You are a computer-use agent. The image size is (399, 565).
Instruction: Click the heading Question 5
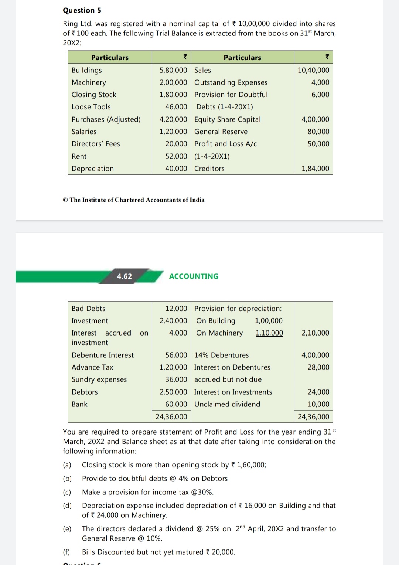[x=82, y=10]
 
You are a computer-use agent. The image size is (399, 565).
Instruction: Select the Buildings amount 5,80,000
[x=173, y=70]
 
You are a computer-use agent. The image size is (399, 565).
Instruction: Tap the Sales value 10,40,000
[x=313, y=70]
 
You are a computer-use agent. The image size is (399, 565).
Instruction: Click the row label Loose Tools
[x=91, y=107]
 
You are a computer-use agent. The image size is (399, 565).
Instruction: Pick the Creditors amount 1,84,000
[x=315, y=169]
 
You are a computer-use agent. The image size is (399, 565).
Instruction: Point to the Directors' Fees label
[x=96, y=144]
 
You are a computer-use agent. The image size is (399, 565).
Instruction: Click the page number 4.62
[x=124, y=276]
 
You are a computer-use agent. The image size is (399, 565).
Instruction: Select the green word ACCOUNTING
[x=194, y=276]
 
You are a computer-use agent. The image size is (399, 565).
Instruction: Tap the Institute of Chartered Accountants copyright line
[x=133, y=200]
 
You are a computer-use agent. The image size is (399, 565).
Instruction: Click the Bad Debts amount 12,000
[x=176, y=309]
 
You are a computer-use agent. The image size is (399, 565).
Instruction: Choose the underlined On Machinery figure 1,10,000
[x=269, y=333]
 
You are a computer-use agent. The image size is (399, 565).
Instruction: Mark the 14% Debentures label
[x=221, y=355]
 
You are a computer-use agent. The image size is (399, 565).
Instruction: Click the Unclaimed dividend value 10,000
[x=318, y=404]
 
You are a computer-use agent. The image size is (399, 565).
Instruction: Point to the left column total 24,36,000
[x=171, y=417]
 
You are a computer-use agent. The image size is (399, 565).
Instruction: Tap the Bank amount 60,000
[x=176, y=404]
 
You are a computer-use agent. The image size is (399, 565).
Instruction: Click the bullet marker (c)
[x=67, y=492]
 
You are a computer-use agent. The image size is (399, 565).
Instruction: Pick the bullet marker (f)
[x=66, y=552]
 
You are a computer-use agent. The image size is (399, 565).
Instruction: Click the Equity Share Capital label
[x=227, y=119]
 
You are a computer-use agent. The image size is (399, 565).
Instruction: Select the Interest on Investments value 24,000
[x=318, y=392]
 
